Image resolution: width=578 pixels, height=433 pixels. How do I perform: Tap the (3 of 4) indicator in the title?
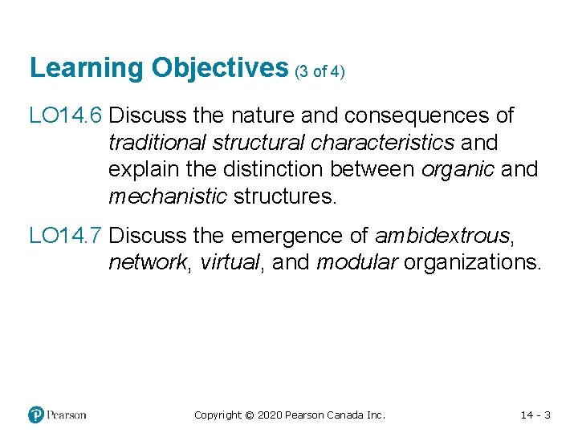320,71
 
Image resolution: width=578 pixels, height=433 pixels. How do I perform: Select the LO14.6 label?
65,116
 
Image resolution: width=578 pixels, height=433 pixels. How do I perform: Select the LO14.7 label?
65,237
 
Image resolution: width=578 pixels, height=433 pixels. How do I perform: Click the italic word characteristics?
381,143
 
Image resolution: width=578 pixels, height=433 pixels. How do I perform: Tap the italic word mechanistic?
167,196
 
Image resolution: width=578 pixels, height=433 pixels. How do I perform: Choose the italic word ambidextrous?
442,237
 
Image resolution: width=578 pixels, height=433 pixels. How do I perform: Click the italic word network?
146,263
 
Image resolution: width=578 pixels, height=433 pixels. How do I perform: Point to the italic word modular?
356,263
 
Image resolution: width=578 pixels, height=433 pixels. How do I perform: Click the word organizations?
472,263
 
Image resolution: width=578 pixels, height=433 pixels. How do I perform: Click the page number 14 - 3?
535,415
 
